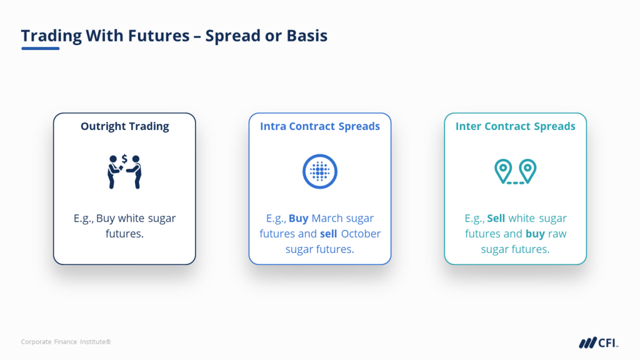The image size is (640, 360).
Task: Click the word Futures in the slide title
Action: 159,36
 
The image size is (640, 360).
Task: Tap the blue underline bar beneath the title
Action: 41,49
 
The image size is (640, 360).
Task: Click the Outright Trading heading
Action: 124,126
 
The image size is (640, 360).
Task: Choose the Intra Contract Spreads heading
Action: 320,126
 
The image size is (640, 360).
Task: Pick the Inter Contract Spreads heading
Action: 516,126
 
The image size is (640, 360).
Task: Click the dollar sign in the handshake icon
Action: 124,158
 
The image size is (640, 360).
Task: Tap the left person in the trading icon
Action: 114,172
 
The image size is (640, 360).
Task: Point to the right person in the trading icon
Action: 135,172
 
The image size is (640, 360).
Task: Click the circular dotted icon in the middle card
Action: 320,171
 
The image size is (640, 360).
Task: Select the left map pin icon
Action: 503,171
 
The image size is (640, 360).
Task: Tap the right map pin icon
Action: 527,171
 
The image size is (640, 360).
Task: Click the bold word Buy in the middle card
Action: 298,218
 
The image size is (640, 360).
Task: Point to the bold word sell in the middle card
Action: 329,234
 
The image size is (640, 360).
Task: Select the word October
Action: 361,234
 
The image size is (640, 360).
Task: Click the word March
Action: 327,218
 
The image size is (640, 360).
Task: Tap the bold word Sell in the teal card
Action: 496,218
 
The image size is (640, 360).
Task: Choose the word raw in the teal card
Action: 557,234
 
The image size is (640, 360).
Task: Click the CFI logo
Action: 598,343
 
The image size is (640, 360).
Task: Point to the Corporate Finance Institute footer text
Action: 66,342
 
